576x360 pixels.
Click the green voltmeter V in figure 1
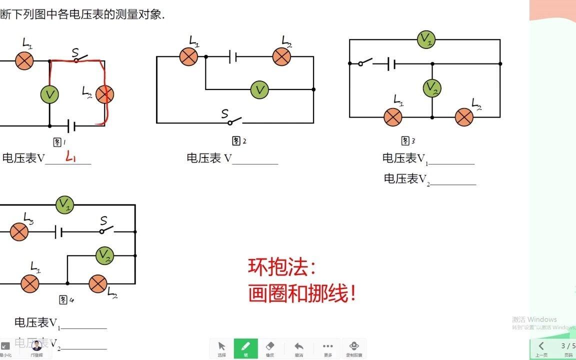(x=49, y=94)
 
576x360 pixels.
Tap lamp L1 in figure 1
(x=24, y=61)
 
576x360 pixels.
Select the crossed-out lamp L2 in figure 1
(x=105, y=94)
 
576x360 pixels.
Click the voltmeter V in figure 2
(x=259, y=90)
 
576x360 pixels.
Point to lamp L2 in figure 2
(x=282, y=56)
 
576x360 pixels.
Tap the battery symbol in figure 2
(x=232, y=56)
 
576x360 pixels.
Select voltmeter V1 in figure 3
(x=426, y=39)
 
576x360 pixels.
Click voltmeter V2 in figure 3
(x=432, y=88)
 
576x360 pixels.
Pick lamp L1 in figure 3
(x=392, y=117)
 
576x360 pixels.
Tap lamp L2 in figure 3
(x=464, y=117)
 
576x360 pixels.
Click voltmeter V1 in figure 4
(x=64, y=204)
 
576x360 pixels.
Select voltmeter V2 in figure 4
(x=105, y=255)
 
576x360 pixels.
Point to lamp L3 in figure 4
(x=19, y=232)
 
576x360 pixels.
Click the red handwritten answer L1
(x=70, y=158)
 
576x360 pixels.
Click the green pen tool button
(x=245, y=348)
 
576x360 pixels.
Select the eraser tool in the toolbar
(x=270, y=348)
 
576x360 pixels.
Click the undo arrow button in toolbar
(x=299, y=348)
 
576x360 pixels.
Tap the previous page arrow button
(x=541, y=346)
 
